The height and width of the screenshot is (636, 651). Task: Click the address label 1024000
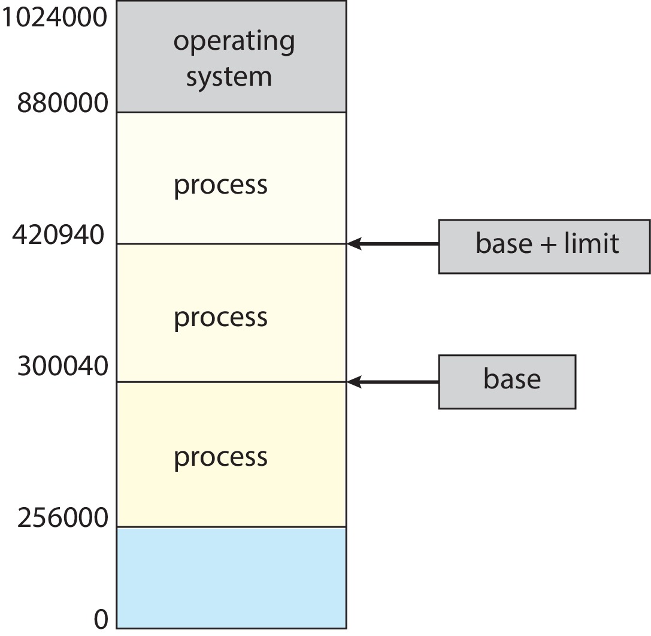54,18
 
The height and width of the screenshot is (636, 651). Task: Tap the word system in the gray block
229,77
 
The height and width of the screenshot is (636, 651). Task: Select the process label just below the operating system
220,185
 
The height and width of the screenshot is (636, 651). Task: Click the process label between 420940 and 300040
220,317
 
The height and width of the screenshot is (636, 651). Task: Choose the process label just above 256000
220,457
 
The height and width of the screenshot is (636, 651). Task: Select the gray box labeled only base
507,382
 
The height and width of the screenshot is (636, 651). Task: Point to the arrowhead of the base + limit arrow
353,243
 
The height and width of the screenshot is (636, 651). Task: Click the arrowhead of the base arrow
353,382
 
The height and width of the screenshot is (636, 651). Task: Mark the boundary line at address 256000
231,527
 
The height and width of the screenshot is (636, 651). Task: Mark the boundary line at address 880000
231,112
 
